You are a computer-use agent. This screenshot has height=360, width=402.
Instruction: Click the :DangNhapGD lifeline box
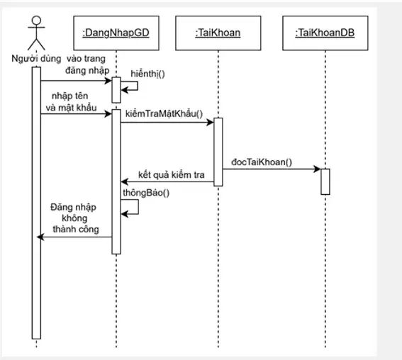[116, 33]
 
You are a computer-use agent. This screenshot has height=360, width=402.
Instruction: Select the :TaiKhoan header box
[218, 33]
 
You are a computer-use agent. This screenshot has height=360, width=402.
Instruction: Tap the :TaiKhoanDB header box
[325, 33]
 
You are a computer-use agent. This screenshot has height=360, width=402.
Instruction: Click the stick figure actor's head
[36, 21]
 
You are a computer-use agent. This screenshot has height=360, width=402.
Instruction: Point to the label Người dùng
[36, 59]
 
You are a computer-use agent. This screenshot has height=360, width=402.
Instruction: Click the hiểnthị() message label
[148, 74]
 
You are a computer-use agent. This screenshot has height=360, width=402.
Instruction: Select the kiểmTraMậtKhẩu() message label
[164, 114]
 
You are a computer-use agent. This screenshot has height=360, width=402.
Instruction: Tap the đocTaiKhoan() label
[262, 162]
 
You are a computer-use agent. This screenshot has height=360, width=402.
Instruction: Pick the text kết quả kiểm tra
[172, 175]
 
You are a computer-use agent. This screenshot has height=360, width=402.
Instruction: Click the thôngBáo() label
[146, 193]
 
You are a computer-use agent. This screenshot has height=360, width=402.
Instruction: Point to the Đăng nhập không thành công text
[74, 218]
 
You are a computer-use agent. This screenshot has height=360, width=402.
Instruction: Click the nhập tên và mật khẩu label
[71, 102]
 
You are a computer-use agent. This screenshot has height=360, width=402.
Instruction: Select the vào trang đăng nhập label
[86, 64]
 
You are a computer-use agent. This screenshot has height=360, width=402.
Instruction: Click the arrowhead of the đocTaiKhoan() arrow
[318, 169]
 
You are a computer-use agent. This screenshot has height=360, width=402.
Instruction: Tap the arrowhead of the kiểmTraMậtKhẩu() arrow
[211, 122]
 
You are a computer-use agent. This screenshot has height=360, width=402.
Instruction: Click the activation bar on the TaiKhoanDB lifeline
[325, 181]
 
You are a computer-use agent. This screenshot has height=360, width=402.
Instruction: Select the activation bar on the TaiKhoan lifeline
[218, 152]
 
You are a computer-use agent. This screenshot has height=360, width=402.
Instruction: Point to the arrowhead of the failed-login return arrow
[40, 237]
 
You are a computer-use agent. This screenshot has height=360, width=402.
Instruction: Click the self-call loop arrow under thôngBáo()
[138, 207]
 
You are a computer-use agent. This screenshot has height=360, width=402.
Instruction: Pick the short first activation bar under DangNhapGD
[116, 90]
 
